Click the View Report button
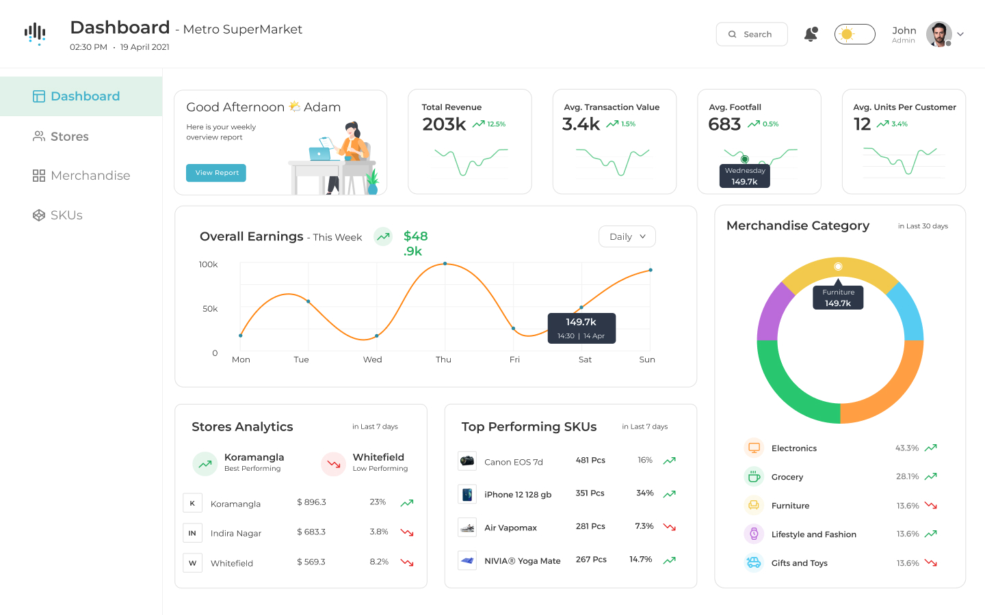tap(216, 173)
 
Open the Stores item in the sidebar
tap(69, 137)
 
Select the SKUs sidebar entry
tap(66, 215)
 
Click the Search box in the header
tap(751, 34)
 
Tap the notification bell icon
tap(811, 34)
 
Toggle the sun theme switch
tap(854, 34)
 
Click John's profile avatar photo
tap(938, 34)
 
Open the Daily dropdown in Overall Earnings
tap(627, 236)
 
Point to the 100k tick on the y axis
tap(208, 264)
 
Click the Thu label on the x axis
tap(443, 359)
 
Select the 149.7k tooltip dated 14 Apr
tap(581, 328)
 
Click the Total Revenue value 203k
tap(444, 124)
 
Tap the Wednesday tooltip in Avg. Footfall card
tap(744, 176)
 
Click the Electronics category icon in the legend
tap(754, 448)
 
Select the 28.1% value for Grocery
tap(907, 477)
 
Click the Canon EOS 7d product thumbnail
tap(467, 461)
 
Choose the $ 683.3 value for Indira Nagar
tap(311, 532)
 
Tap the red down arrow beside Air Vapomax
tap(670, 527)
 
